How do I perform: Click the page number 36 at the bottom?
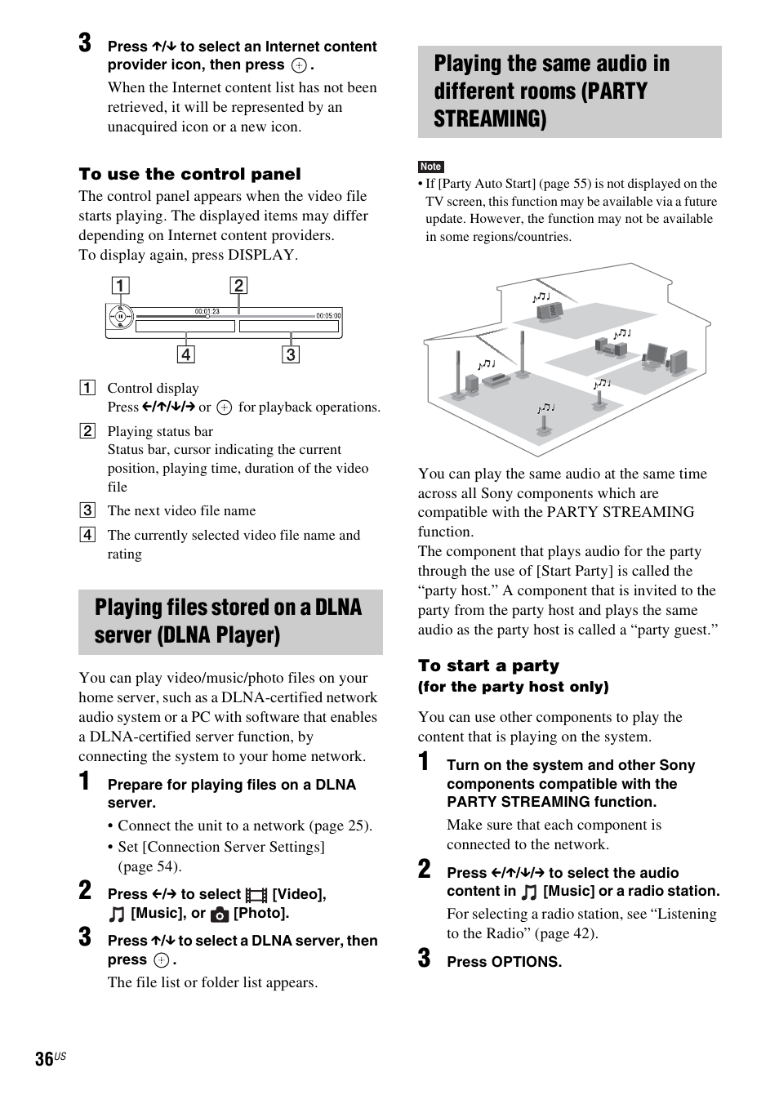coord(44,1058)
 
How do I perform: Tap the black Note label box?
coord(430,167)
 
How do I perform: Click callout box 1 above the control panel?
coord(120,285)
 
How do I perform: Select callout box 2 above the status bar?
coord(238,285)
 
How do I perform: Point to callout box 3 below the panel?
coord(291,354)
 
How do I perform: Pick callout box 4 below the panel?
coord(186,354)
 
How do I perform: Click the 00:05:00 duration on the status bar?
coord(328,315)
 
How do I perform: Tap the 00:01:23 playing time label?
coord(207,311)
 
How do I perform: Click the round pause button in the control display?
coord(120,317)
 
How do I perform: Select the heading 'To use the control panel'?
coord(189,174)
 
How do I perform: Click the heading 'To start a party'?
coord(488,666)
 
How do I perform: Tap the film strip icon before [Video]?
coord(256,896)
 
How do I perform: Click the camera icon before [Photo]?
coord(220,915)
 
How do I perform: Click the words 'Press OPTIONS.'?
coord(504,962)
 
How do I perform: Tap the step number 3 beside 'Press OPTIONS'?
coord(424,959)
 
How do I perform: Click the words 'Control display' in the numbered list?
coord(153,388)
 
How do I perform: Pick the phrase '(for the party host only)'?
coord(513,687)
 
